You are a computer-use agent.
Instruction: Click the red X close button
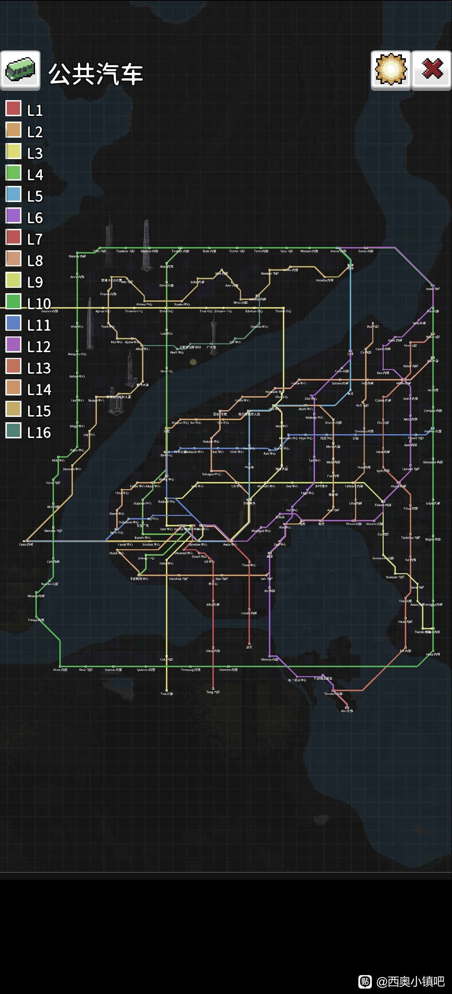coord(432,70)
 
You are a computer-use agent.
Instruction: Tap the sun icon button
coord(390,70)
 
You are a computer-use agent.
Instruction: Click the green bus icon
coord(20,70)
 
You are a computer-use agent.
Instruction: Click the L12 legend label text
coord(39,346)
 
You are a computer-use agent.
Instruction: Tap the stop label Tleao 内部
coord(26,545)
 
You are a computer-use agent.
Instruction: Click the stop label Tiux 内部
coord(167,693)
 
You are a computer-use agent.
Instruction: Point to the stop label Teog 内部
coord(213,692)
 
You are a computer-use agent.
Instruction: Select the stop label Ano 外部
coord(347,710)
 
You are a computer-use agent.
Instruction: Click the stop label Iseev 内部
coord(433,289)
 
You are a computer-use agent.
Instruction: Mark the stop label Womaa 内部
coord(269,659)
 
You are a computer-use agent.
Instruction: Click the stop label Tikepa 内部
coord(36,620)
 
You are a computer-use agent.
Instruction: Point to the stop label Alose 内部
coord(60,669)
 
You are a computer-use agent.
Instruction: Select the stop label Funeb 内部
coord(249,613)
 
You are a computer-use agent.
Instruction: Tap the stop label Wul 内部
coord(373,326)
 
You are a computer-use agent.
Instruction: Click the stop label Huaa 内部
coord(433,654)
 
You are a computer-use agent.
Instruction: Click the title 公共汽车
coord(95,74)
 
